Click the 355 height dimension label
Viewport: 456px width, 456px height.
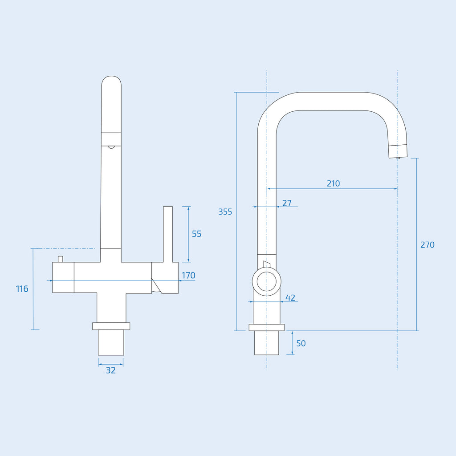pyautogui.click(x=225, y=212)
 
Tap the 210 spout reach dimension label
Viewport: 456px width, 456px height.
pyautogui.click(x=333, y=183)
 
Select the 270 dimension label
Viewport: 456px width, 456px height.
pyautogui.click(x=427, y=245)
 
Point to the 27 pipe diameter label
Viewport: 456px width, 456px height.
pyautogui.click(x=287, y=203)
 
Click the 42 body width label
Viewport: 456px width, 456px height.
pyautogui.click(x=290, y=298)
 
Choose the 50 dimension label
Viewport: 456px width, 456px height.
pyautogui.click(x=301, y=343)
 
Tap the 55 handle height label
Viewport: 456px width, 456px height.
pyautogui.click(x=196, y=234)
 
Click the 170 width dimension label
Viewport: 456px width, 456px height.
pyautogui.click(x=188, y=275)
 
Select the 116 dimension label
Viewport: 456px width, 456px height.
pyautogui.click(x=22, y=289)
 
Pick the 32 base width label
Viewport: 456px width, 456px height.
pyautogui.click(x=111, y=370)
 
